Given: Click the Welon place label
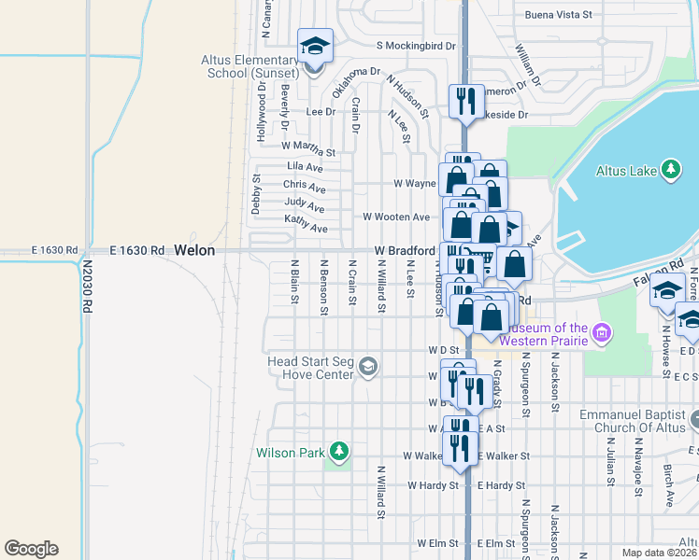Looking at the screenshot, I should pyautogui.click(x=194, y=251).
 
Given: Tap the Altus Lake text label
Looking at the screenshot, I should pyautogui.click(x=626, y=170).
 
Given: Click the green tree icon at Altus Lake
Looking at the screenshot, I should pyautogui.click(x=669, y=169).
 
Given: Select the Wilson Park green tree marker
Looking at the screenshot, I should pyautogui.click(x=339, y=454).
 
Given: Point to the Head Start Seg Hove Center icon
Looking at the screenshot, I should pyautogui.click(x=368, y=367).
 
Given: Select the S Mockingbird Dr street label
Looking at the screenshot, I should pyautogui.click(x=416, y=45).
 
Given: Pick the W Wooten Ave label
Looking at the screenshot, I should pyautogui.click(x=396, y=217).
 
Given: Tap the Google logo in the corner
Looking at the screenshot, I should pyautogui.click(x=31, y=549).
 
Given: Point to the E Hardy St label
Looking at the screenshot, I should pyautogui.click(x=504, y=485).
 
